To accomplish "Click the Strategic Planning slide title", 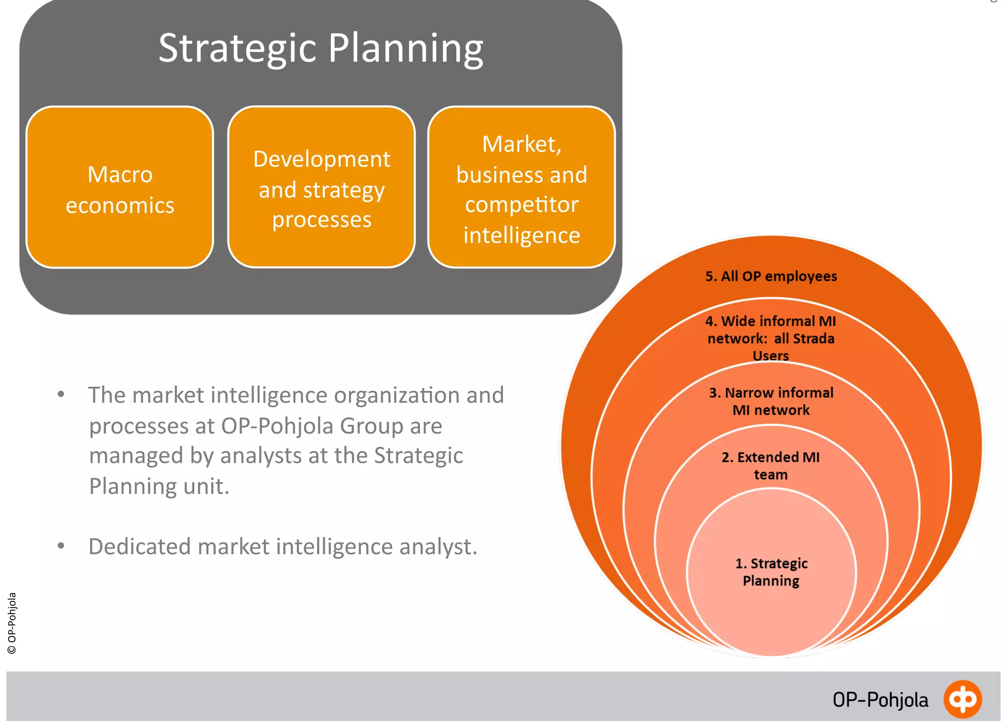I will point(321,49).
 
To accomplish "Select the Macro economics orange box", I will point(120,187).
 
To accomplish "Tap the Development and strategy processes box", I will point(321,187).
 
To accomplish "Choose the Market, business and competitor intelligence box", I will point(522,187).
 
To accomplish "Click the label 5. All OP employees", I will point(771,276).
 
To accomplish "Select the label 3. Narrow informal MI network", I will point(771,401).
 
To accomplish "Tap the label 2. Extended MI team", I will point(771,465).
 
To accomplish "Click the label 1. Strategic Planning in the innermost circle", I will point(771,571).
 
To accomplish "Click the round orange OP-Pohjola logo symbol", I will point(962,699).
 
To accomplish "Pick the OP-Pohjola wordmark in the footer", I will point(880,700).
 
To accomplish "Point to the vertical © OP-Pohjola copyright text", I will point(12,623).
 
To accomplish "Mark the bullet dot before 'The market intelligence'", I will point(61,394).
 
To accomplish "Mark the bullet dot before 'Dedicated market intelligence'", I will point(61,545).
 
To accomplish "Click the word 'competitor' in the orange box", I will point(522,205).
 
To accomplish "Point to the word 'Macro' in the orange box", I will point(120,175).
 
